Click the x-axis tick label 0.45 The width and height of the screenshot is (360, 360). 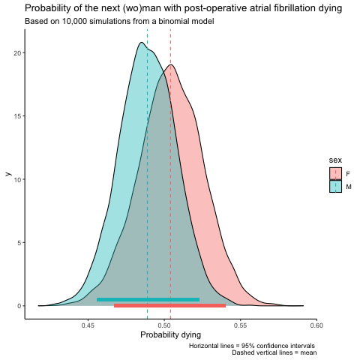[88, 325]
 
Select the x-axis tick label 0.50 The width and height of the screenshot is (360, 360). [164, 325]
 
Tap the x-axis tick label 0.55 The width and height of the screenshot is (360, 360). [241, 325]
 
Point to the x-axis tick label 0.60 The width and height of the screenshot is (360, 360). [316, 325]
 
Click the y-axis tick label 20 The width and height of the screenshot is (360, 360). [18, 53]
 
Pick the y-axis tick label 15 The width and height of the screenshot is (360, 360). [18, 116]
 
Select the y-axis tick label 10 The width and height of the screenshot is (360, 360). [18, 179]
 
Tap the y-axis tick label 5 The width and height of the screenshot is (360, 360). [19, 243]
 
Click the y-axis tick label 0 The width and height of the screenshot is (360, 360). [19, 306]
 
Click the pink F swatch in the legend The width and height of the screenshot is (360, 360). [335, 173]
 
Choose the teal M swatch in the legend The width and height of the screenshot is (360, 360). [335, 186]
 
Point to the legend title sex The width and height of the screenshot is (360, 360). [335, 160]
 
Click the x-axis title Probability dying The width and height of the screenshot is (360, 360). [171, 335]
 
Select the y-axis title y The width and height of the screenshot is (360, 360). [8, 174]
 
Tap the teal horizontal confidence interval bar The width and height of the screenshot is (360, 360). [148, 299]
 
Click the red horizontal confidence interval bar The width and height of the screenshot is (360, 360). [169, 305]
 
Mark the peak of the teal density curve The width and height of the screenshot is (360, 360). [142, 42]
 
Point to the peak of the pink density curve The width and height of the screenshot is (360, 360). [171, 64]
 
